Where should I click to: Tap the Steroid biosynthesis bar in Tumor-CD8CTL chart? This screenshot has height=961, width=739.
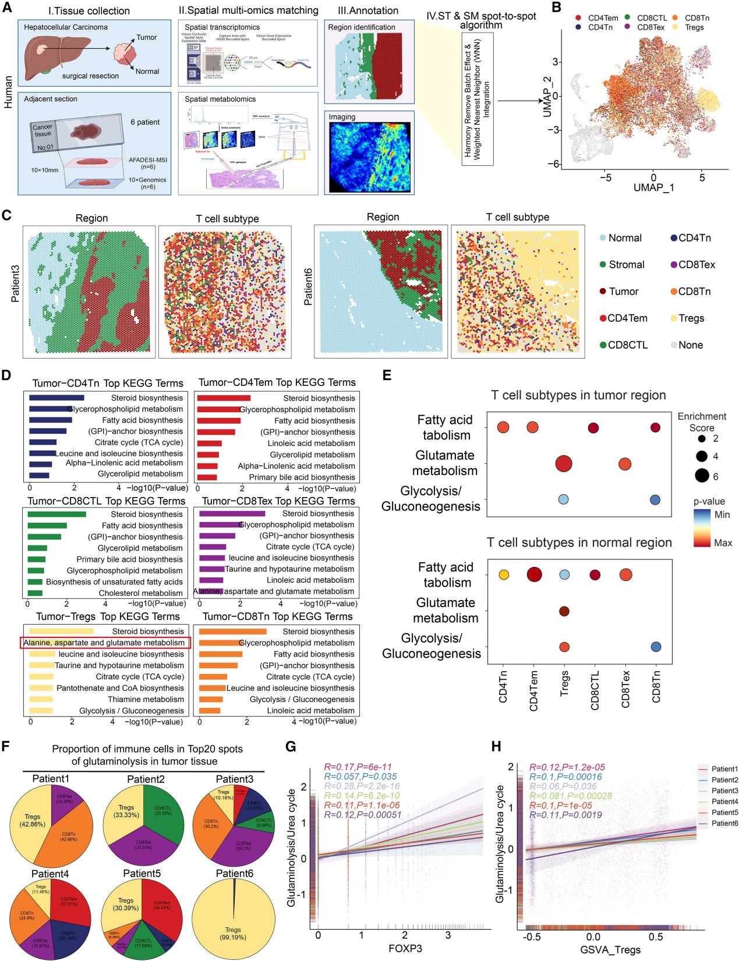56,514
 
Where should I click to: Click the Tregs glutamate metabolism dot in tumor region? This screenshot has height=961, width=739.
563,464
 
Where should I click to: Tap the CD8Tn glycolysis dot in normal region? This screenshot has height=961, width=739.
656,647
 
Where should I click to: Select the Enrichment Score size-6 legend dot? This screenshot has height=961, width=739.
701,476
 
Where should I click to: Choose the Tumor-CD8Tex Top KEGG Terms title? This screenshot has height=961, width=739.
277,501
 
